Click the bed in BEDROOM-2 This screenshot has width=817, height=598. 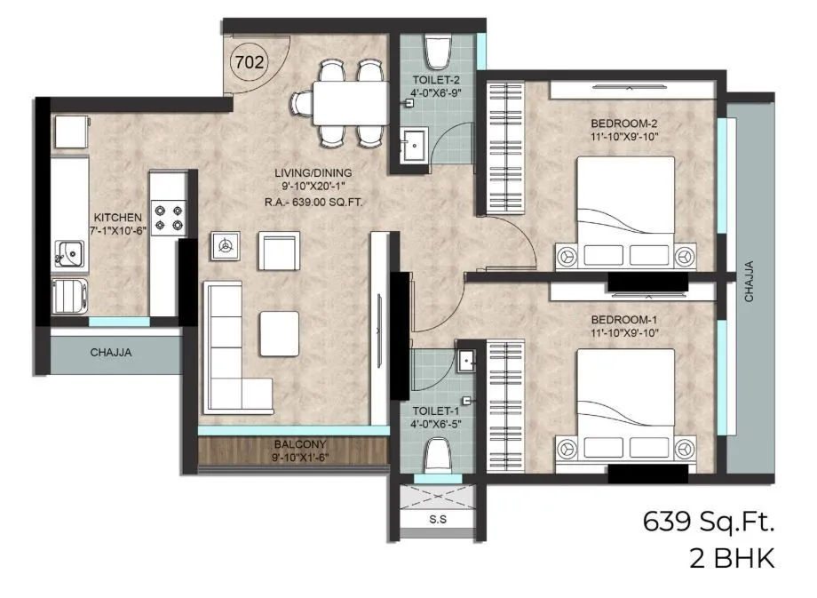626,212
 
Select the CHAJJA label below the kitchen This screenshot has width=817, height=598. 111,353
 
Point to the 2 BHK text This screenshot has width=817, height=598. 732,559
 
